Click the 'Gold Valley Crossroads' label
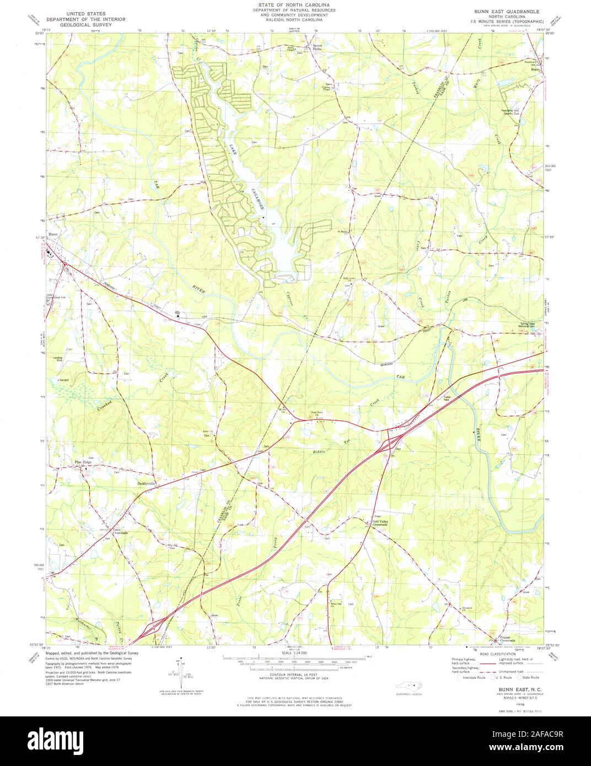[x=381, y=523]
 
